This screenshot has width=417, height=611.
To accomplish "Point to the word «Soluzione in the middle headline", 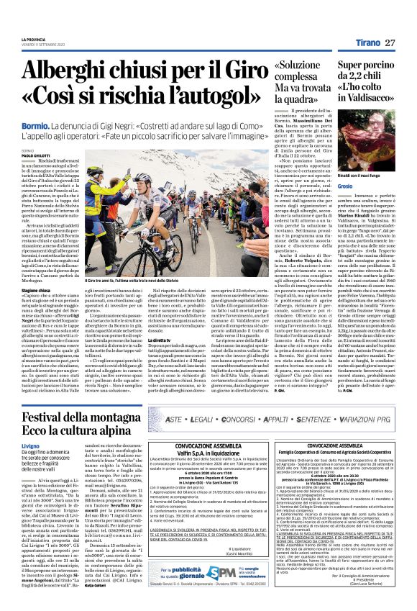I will pos(303,66).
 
